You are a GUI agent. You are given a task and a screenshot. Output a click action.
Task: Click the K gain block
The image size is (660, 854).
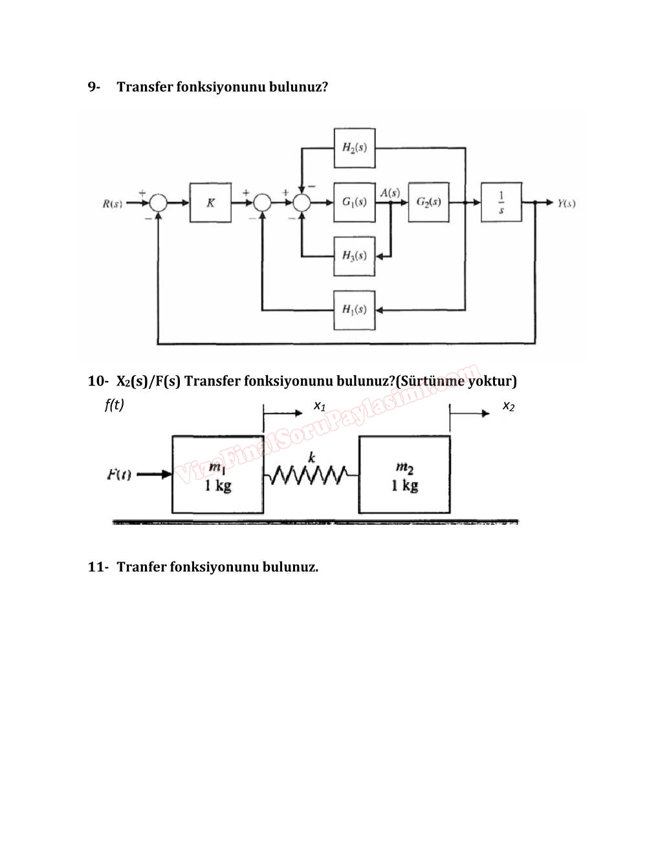tap(210, 203)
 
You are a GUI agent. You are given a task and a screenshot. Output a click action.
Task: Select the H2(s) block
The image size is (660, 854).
tap(355, 148)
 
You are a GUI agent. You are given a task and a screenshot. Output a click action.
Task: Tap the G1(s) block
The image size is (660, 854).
tap(355, 203)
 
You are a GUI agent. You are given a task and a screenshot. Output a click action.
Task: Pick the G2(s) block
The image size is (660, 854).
tap(428, 203)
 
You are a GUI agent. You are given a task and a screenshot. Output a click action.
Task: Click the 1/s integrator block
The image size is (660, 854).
tap(501, 203)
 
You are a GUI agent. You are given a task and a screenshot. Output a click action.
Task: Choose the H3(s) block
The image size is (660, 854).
tap(355, 256)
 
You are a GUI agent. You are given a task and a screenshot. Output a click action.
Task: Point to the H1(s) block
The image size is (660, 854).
tap(355, 309)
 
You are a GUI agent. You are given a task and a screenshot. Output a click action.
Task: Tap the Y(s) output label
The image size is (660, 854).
tap(566, 203)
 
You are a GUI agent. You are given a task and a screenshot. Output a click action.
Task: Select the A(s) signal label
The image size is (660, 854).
tap(390, 192)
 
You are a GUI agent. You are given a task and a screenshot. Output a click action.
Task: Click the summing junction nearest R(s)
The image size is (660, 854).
tap(158, 203)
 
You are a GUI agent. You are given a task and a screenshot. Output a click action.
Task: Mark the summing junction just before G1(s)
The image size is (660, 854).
tap(302, 203)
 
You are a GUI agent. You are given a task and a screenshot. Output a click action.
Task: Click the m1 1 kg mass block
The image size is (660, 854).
tap(217, 475)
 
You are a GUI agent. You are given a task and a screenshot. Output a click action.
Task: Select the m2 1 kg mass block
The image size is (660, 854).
tap(404, 475)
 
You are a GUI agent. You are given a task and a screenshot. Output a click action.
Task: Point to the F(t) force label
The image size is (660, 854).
tap(119, 476)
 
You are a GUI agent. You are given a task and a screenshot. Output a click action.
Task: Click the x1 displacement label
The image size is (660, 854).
tap(320, 406)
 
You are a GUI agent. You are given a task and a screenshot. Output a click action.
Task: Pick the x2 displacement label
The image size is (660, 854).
tap(509, 406)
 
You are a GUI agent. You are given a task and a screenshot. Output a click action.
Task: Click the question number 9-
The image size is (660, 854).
tap(94, 87)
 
